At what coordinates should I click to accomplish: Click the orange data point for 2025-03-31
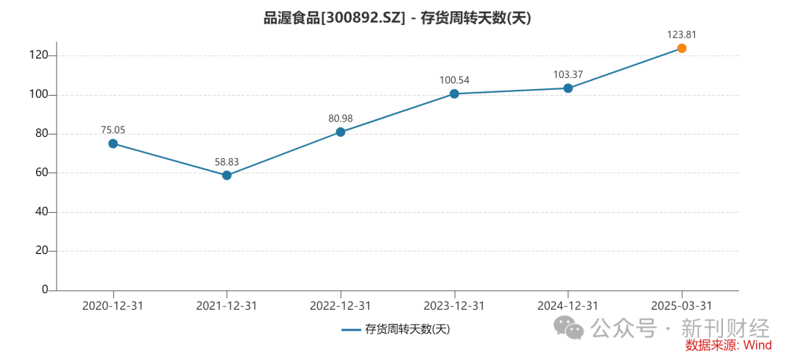point(682,49)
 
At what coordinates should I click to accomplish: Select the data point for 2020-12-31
point(113,144)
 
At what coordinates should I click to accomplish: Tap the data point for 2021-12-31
point(227,175)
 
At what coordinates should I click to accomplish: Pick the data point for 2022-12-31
point(340,132)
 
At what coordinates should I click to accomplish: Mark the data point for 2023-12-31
point(454,93)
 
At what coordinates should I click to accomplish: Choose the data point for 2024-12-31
point(568,88)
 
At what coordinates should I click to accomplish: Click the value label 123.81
point(682,34)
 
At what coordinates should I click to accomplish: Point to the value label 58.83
point(227,161)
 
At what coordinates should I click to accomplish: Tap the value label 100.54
point(454,80)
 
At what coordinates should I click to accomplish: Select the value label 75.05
point(113,130)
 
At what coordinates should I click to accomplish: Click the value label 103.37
point(568,74)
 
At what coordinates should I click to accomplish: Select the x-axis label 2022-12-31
point(340,306)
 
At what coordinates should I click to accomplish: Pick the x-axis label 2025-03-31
point(682,306)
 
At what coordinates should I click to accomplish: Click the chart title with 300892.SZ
point(397,18)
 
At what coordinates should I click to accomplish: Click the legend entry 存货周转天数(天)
point(396,329)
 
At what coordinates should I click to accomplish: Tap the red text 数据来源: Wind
point(727,345)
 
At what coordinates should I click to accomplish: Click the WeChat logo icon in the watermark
point(569,328)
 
